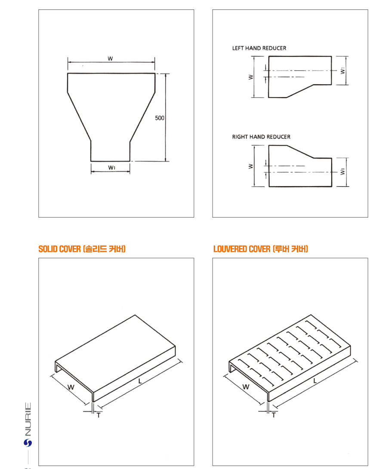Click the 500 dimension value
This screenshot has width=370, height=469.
point(160,118)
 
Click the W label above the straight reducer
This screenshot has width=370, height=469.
point(110,59)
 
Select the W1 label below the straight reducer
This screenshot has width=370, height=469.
point(111,168)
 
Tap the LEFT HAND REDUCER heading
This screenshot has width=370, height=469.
point(259,48)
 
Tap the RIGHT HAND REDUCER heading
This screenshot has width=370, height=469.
point(261,137)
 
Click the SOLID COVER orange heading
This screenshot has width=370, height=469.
point(82,249)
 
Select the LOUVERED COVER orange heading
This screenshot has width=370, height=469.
point(261,249)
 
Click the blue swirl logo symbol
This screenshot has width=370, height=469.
point(28,443)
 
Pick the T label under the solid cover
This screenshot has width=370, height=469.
point(99,416)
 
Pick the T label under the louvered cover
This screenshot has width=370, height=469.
point(274,415)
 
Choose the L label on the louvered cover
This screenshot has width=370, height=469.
point(315,380)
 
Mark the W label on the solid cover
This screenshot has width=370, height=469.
point(71,387)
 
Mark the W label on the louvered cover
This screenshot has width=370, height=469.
point(246,387)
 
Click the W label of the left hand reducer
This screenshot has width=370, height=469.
point(250,77)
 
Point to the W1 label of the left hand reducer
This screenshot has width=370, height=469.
point(343,71)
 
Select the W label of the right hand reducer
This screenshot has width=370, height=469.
point(250,166)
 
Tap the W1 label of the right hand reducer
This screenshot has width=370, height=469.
point(343,172)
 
